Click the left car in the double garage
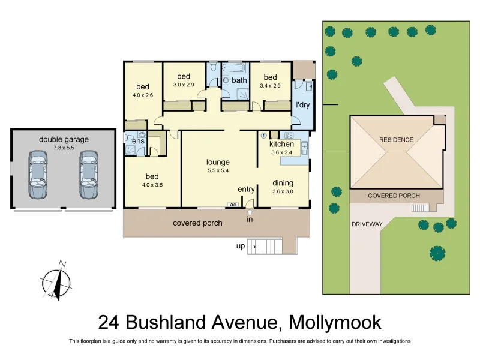click(38, 175)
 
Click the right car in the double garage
click(89, 175)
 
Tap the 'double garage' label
click(64, 140)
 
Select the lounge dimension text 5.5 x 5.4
click(218, 171)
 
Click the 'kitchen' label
click(281, 144)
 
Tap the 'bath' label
click(239, 80)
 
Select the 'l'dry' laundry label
click(303, 106)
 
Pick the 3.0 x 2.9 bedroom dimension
click(184, 85)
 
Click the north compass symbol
click(56, 281)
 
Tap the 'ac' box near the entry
click(233, 205)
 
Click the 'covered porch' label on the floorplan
click(197, 223)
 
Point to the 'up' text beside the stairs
click(240, 246)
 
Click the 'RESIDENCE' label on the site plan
click(396, 140)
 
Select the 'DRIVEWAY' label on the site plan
click(367, 224)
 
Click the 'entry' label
click(246, 190)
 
